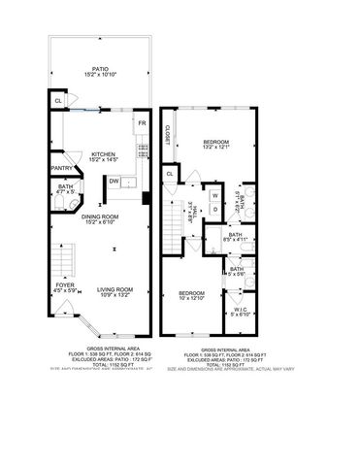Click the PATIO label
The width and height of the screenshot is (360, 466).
pyautogui.click(x=94, y=70)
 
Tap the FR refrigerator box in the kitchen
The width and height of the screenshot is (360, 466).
pyautogui.click(x=141, y=124)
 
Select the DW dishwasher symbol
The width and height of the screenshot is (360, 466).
pyautogui.click(x=115, y=180)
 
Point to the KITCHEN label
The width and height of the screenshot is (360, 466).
pyautogui.click(x=103, y=153)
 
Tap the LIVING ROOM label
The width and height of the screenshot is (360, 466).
pyautogui.click(x=116, y=288)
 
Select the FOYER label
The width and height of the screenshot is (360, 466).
pyautogui.click(x=64, y=288)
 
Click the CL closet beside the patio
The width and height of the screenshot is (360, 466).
pyautogui.click(x=57, y=100)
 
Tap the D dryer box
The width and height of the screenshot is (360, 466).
pyautogui.click(x=214, y=209)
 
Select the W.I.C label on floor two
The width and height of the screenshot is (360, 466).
pyautogui.click(x=240, y=313)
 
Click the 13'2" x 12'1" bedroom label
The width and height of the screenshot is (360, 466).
pyautogui.click(x=215, y=146)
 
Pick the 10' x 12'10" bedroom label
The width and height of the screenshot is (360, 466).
pyautogui.click(x=192, y=295)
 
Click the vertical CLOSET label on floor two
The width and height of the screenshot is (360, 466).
pyautogui.click(x=167, y=136)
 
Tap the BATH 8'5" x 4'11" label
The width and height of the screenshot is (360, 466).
pyautogui.click(x=235, y=236)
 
